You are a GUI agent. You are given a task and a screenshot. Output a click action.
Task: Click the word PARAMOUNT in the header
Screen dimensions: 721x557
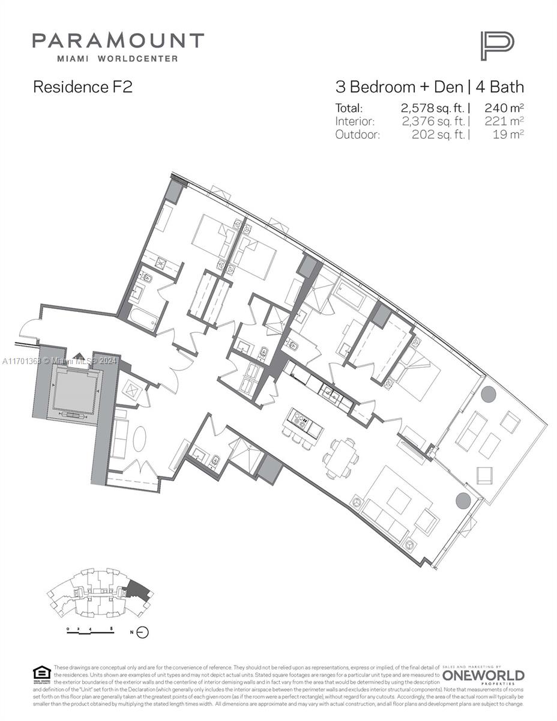pyautogui.click(x=118, y=41)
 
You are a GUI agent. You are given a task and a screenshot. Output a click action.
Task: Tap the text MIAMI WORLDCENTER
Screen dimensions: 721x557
pyautogui.click(x=118, y=58)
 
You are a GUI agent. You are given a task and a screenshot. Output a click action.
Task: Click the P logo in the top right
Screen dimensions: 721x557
pyautogui.click(x=496, y=46)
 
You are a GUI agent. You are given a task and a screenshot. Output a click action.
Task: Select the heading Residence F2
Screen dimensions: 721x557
pyautogui.click(x=82, y=87)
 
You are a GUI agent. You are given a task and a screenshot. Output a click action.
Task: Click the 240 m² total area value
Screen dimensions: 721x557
pyautogui.click(x=504, y=109)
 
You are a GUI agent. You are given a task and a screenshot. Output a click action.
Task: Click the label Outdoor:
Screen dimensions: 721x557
pyautogui.click(x=357, y=135)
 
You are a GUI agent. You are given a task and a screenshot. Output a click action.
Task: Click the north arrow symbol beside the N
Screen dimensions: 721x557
pyautogui.click(x=142, y=632)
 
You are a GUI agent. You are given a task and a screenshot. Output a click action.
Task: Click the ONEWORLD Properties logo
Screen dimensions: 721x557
pyautogui.click(x=483, y=677)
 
